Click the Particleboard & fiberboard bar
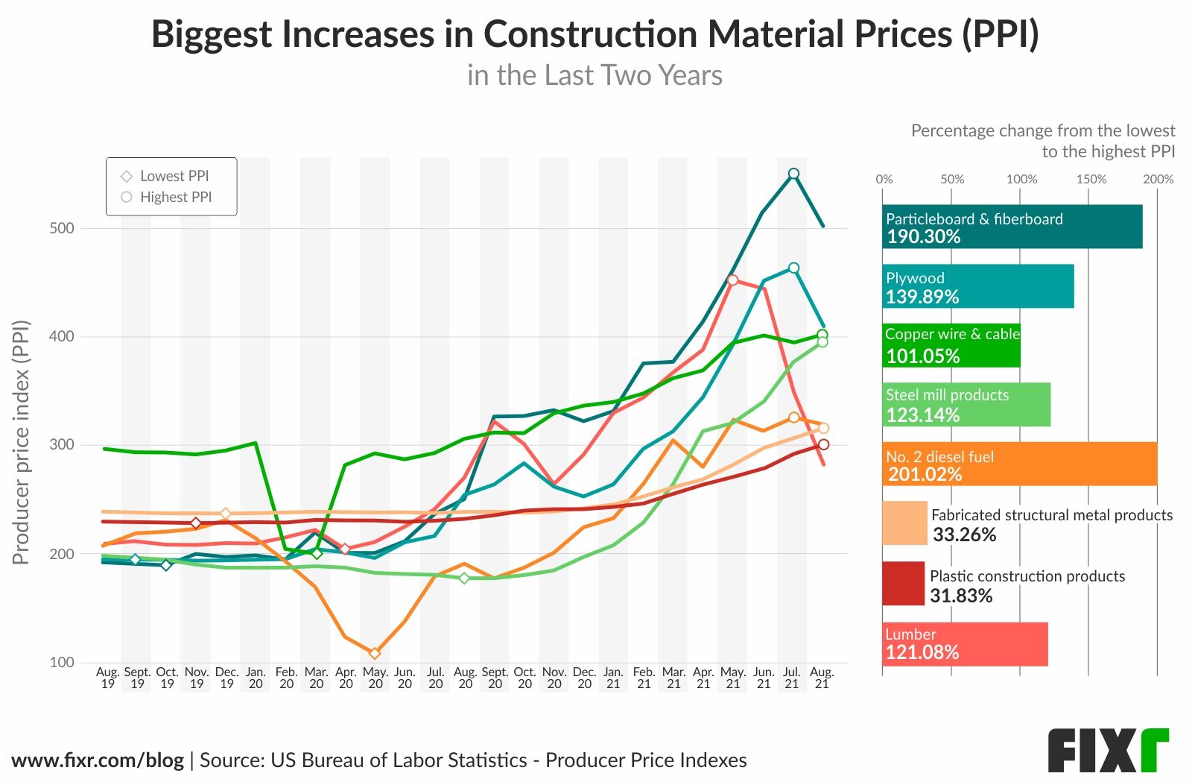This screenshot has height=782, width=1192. (1012, 227)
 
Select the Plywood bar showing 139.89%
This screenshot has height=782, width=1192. (977, 286)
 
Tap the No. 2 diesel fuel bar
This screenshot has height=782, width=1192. (1019, 464)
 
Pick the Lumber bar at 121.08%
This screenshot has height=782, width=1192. (965, 644)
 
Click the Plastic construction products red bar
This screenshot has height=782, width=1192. (903, 584)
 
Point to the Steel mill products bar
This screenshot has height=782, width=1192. (966, 405)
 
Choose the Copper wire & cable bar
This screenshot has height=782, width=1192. (951, 345)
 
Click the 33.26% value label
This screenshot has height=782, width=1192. (964, 535)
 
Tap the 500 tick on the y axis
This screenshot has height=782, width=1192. (62, 228)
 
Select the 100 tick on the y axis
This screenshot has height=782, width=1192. (62, 662)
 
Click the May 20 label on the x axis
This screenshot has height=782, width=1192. (375, 678)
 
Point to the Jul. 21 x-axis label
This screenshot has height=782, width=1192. (792, 678)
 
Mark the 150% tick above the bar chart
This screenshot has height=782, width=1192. (1091, 179)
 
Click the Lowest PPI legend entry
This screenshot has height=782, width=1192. (165, 176)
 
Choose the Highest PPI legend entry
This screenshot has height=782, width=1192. (167, 197)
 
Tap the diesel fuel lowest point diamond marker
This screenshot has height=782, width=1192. (375, 653)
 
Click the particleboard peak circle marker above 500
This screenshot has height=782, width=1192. (793, 174)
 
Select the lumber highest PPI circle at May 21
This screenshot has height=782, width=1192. (732, 280)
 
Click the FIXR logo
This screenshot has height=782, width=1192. (1108, 750)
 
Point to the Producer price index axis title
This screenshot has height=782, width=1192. (21, 442)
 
